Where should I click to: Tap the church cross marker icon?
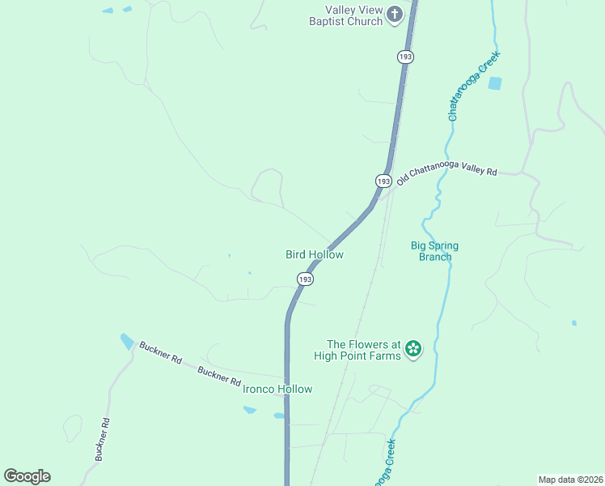click(x=395, y=14)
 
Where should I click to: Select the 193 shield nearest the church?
click(x=405, y=56)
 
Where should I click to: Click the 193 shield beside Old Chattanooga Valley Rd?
click(x=383, y=181)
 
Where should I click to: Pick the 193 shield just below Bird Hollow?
click(x=304, y=279)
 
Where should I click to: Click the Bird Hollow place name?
click(x=315, y=254)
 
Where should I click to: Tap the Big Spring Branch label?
click(x=431, y=251)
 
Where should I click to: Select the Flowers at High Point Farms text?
click(x=363, y=350)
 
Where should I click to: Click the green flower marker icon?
click(x=413, y=349)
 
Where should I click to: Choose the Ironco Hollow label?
click(x=277, y=389)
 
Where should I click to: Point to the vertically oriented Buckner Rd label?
click(x=102, y=440)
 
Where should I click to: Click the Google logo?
click(x=27, y=476)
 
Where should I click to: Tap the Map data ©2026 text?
click(x=570, y=479)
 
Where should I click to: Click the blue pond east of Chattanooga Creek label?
click(x=494, y=83)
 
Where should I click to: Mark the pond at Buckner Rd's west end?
click(x=127, y=341)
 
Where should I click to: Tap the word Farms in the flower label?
click(x=385, y=356)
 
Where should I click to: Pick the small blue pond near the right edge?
click(x=573, y=323)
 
